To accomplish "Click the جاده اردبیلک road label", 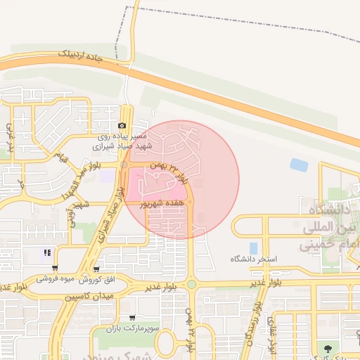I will tap(73, 56).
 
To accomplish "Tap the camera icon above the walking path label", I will tap(122, 126).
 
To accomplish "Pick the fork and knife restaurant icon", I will tap(47, 253).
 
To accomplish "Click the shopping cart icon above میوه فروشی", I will tap(55, 268).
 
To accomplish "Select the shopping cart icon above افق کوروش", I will tap(96, 268).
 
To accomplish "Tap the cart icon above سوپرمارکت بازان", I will tap(131, 318).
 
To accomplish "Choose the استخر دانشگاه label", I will tap(254, 259).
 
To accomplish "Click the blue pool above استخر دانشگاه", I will tap(252, 248).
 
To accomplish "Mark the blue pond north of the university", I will tap(299, 165).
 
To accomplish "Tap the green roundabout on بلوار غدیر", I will tap(191, 284).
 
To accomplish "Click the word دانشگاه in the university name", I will tap(326, 209).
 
